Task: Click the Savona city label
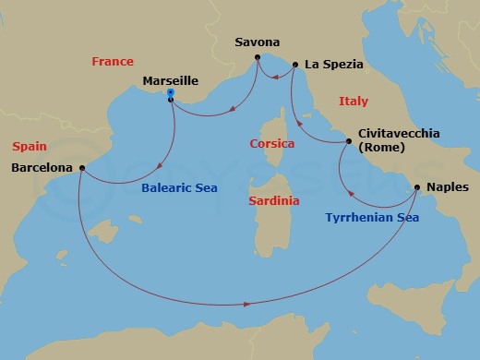pos(258,42)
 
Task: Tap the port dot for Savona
pos(258,60)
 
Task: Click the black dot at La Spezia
pos(294,65)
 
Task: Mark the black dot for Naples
pos(417,187)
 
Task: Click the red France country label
pos(114,62)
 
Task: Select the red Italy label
pos(354,101)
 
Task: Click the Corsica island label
pos(272,144)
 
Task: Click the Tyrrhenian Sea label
pos(373,219)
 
